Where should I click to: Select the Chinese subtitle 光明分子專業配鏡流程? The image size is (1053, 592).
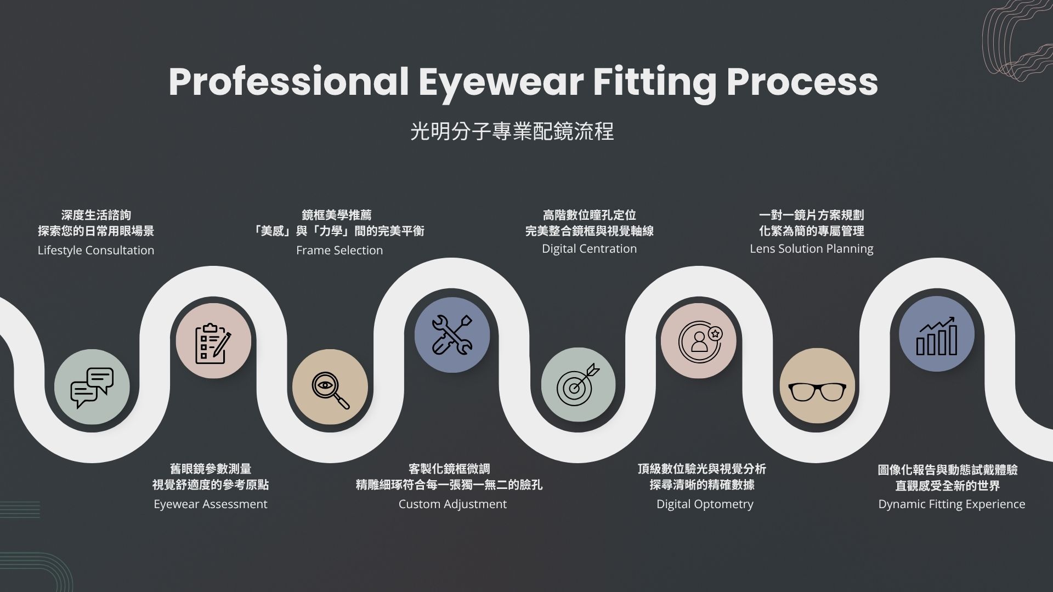512,132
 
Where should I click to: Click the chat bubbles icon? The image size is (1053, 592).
92,388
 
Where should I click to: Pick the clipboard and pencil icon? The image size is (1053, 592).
213,344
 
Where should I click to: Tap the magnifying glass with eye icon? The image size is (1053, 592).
331,390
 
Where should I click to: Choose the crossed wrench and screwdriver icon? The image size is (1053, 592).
452,334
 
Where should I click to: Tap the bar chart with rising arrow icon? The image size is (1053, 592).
937,336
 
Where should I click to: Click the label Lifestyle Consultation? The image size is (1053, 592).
96,251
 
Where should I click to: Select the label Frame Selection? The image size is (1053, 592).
339,251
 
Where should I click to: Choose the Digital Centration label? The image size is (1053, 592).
590,249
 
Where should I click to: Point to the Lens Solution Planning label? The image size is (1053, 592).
812,249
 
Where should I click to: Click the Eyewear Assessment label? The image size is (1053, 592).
211,504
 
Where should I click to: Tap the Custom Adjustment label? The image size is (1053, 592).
452,504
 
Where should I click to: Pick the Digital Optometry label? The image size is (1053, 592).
705,504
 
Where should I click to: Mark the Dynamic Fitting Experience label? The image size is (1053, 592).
952,504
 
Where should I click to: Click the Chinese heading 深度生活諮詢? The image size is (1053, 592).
96,215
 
